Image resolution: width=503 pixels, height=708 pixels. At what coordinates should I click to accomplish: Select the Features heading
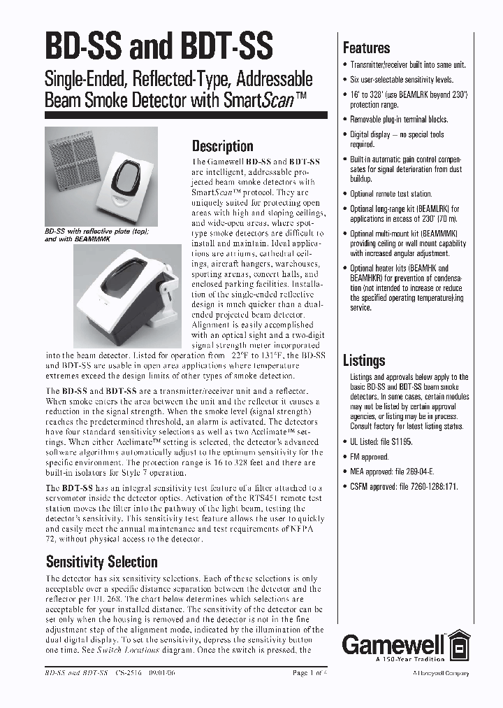(x=366, y=48)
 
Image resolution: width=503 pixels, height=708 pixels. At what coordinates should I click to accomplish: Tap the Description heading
(x=222, y=146)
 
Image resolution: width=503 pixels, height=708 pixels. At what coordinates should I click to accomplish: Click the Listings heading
(x=364, y=360)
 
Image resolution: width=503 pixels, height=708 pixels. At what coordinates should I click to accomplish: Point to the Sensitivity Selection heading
(x=102, y=562)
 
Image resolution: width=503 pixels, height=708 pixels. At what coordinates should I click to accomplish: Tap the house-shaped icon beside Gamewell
(x=458, y=644)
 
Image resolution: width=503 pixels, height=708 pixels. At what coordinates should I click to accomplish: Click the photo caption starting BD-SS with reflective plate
(x=98, y=234)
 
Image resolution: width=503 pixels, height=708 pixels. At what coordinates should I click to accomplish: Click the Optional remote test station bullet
(x=391, y=194)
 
